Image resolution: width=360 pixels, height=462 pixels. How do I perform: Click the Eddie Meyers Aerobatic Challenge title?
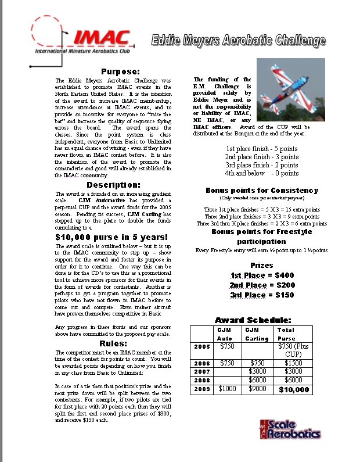point(239,41)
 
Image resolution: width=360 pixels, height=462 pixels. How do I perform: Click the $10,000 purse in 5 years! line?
point(111,237)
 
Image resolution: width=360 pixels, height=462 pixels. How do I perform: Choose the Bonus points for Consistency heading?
point(261,190)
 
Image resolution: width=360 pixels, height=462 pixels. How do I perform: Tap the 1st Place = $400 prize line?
point(262,274)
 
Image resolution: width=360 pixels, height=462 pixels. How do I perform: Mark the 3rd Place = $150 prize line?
point(262,295)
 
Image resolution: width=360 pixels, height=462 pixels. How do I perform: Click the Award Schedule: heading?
point(253,320)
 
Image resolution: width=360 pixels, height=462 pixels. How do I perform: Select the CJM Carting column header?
point(257,334)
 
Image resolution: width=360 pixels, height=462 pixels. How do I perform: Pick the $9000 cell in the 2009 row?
point(257,389)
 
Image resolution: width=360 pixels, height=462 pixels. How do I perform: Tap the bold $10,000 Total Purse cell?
point(294,389)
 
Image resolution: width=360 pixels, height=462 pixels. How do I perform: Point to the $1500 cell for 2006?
point(294,362)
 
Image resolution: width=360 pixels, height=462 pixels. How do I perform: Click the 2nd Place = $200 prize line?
point(262,285)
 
